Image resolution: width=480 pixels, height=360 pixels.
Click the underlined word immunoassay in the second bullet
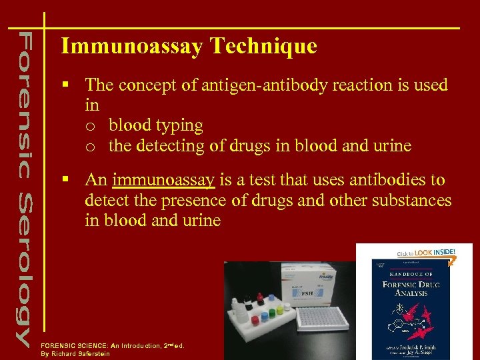(x=163, y=181)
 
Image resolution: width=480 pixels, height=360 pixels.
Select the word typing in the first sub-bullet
(x=181, y=125)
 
